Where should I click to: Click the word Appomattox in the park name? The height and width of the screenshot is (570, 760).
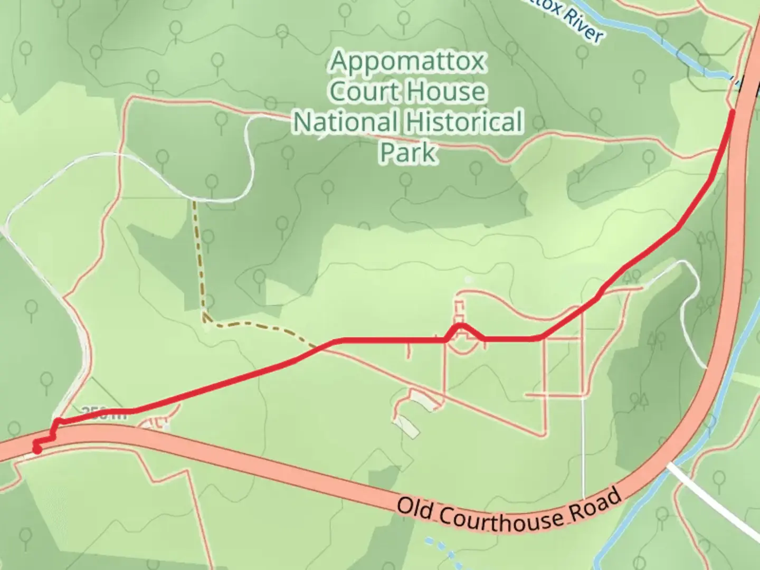[x=407, y=62]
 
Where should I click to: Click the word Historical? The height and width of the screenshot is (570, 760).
[x=464, y=122]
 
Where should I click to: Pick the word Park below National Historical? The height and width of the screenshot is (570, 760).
[x=408, y=152]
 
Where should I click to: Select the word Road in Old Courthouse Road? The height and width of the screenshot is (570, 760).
[x=599, y=503]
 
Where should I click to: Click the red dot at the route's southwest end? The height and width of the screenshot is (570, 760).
[x=37, y=449]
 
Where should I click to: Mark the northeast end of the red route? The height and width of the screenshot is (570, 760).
[x=733, y=112]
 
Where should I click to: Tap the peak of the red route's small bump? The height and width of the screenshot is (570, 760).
[x=461, y=325]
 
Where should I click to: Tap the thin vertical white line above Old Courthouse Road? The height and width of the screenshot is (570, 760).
[x=583, y=443]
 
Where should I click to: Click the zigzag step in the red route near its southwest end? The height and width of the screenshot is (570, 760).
[x=54, y=432]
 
